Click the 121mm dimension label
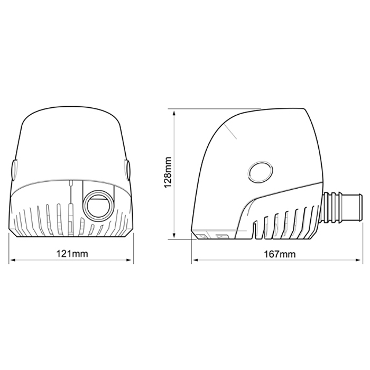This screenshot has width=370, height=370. tap(72, 254)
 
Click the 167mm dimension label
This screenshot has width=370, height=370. tap(278, 254)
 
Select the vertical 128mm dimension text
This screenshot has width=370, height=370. tap(168, 173)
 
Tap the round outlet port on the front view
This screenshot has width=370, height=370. tap(98, 203)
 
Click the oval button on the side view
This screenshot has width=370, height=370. tap(260, 172)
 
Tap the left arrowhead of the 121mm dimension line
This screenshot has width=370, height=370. tap(12, 260)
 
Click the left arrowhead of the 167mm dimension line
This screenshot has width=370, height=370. tap(193, 260)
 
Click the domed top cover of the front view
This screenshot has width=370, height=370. tap(72, 137)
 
